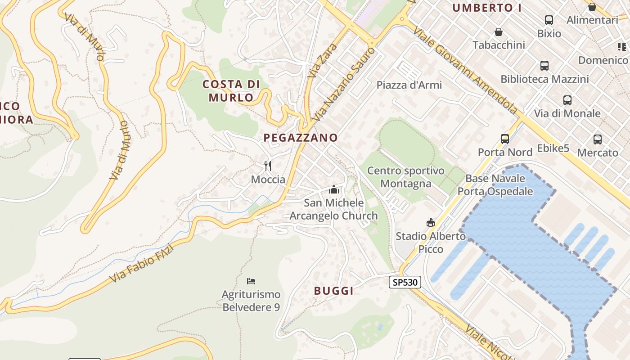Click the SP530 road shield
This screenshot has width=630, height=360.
[405, 283]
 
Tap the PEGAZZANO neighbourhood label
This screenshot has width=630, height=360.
[301, 138]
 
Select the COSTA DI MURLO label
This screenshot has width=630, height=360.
[231, 90]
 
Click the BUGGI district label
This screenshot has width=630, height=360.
[334, 291]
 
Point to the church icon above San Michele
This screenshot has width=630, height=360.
[333, 189]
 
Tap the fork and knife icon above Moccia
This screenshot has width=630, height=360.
[268, 166]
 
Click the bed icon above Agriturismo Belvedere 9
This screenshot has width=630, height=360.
[251, 281]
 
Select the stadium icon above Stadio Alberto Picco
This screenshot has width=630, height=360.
[431, 222]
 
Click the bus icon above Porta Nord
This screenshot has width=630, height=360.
[505, 139]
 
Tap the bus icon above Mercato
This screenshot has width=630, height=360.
[598, 139]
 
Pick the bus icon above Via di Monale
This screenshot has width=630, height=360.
[567, 100]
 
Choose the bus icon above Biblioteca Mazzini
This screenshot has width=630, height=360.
[544, 66]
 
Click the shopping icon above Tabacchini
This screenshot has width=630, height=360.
[499, 32]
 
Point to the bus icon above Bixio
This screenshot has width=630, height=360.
[549, 20]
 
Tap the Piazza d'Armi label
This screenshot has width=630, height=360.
[409, 85]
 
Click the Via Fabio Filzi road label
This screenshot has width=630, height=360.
[141, 263]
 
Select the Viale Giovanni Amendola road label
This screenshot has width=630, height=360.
[465, 70]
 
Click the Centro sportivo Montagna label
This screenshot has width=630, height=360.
[405, 177]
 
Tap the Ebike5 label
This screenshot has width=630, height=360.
[553, 148]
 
